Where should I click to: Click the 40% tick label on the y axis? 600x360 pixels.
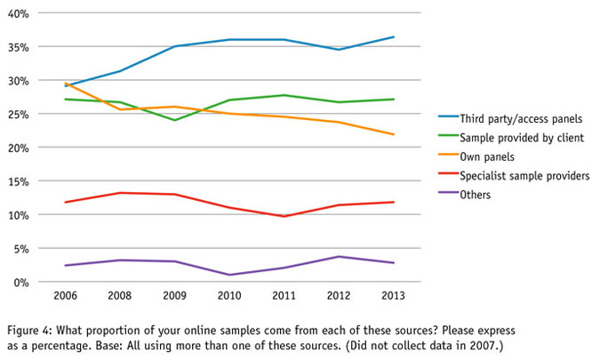click(x=19, y=14)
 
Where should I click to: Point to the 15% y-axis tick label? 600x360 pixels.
click(x=19, y=181)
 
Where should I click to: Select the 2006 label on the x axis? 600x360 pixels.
click(x=63, y=296)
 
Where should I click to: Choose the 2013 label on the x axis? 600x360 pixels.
click(x=393, y=296)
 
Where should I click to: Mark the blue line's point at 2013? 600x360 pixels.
click(x=393, y=37)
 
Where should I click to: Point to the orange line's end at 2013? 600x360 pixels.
click(x=393, y=134)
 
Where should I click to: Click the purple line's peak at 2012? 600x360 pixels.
click(x=338, y=256)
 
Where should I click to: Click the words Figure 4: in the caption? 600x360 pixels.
click(x=27, y=328)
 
